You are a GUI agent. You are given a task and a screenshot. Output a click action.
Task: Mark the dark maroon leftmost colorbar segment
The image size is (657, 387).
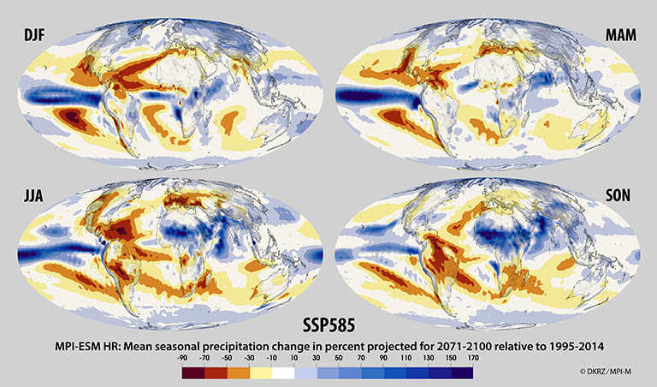(x=195, y=373)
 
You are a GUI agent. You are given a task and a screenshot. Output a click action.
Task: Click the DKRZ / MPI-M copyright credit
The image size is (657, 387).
(x=609, y=372)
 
